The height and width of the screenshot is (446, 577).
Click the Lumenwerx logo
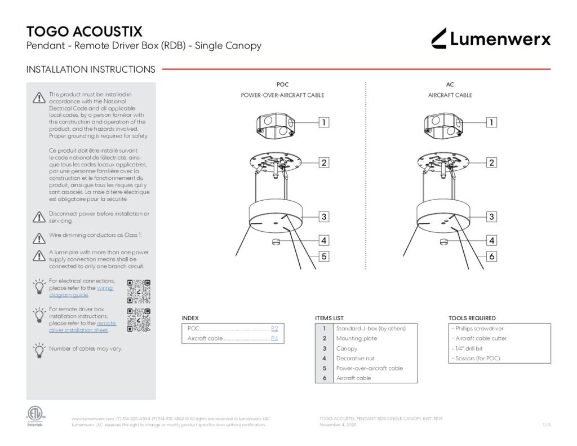coord(491,38)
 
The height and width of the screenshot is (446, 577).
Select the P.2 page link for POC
coord(274,328)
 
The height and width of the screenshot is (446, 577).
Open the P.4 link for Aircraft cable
coord(274,338)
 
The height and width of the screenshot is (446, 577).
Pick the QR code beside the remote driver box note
coord(139,319)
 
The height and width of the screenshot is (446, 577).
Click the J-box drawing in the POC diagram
coord(276,123)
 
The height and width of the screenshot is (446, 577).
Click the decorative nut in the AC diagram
coord(443,242)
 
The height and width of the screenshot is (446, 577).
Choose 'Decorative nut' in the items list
coord(355,359)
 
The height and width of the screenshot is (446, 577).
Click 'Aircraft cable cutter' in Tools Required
coord(481,338)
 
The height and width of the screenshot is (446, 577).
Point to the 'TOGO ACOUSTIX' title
coord(85,31)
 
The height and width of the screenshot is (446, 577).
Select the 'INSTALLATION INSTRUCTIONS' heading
coord(91,69)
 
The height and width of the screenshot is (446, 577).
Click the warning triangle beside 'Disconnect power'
coord(39,217)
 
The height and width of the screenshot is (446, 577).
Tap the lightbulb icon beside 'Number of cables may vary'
coord(39,350)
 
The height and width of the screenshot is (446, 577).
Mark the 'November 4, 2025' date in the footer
coord(338,425)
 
